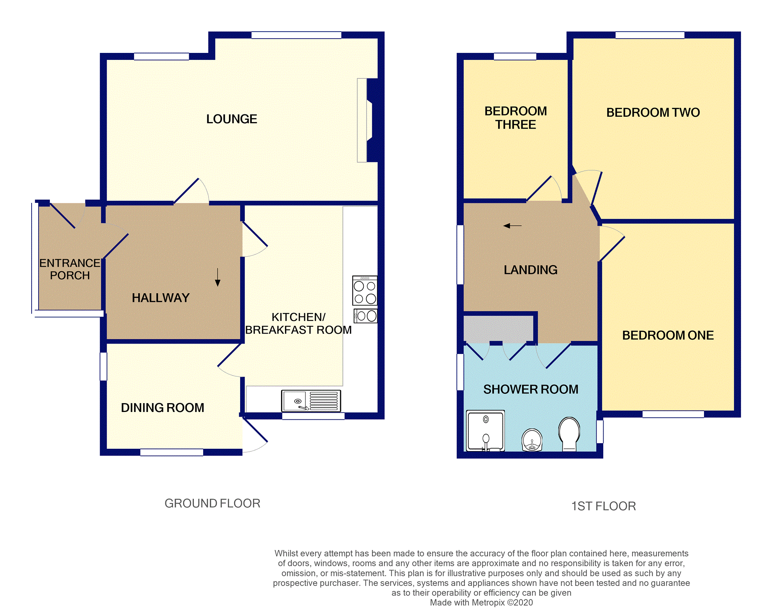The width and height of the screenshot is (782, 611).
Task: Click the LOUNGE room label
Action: [x=231, y=119]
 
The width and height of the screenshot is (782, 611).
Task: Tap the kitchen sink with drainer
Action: [x=311, y=401]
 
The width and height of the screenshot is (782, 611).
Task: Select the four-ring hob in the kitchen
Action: [x=365, y=291]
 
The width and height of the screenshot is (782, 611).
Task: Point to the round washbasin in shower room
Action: [x=532, y=440]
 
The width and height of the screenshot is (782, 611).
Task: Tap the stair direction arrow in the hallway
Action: [x=217, y=277]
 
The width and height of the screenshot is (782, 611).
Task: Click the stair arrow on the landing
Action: [x=512, y=226]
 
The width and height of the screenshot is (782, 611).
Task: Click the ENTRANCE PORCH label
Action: [x=70, y=269]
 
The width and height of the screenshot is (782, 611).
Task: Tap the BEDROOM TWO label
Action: [x=653, y=112]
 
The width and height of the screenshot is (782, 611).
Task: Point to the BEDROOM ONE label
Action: [x=668, y=335]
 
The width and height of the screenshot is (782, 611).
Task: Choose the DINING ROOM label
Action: [x=162, y=408]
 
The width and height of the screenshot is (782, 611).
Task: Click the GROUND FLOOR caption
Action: [x=212, y=503]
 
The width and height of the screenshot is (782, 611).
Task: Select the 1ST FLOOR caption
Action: [x=603, y=506]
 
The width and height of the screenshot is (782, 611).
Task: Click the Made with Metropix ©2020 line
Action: [x=481, y=602]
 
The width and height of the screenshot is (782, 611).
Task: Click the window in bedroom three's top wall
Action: [x=515, y=57]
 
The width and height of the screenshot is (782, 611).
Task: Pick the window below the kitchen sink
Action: [x=313, y=416]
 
